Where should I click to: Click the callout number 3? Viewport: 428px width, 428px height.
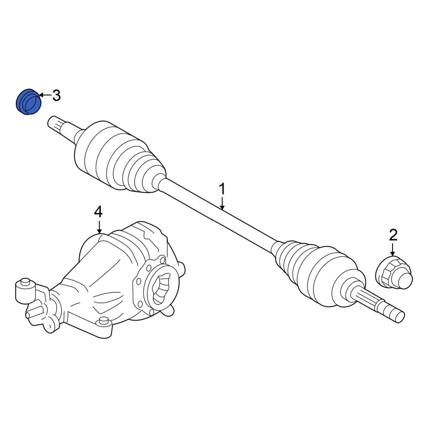(56, 95)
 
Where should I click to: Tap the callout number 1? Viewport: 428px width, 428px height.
(223, 190)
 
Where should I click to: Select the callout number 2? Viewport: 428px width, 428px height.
(393, 235)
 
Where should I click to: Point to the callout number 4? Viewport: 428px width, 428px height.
(98, 212)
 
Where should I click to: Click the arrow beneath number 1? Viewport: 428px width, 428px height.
(223, 204)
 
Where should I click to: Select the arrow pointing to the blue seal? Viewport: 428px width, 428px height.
(46, 95)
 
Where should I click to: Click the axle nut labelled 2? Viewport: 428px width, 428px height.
(394, 273)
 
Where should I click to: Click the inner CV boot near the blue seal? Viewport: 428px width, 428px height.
(120, 157)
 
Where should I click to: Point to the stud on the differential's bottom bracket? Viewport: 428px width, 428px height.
(104, 321)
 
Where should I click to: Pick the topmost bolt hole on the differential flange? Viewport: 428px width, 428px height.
(163, 259)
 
